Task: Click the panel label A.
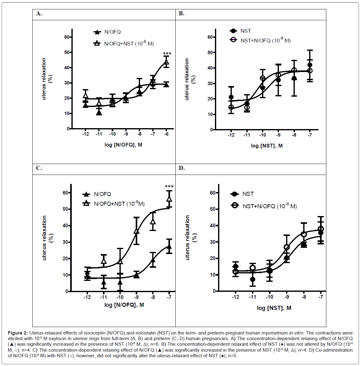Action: point(39,13)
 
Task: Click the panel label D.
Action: point(182,168)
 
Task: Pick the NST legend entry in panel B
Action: point(246,31)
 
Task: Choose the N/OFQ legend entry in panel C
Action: point(102,194)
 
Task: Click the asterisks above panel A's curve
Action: point(167,54)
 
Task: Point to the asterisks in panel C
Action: point(169,186)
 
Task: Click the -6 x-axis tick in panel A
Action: point(166,134)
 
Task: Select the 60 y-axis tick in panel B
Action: point(211,37)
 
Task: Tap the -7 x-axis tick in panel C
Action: point(169,297)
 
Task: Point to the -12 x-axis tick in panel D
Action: point(236,297)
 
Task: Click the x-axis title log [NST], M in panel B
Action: point(267,146)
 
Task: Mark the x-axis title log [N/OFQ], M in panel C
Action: point(124,305)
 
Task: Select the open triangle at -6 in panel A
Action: point(166,62)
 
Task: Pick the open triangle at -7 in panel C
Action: point(169,199)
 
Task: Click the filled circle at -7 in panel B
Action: point(310,65)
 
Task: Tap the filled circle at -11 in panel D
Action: point(252,279)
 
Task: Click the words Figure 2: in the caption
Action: point(18,333)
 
